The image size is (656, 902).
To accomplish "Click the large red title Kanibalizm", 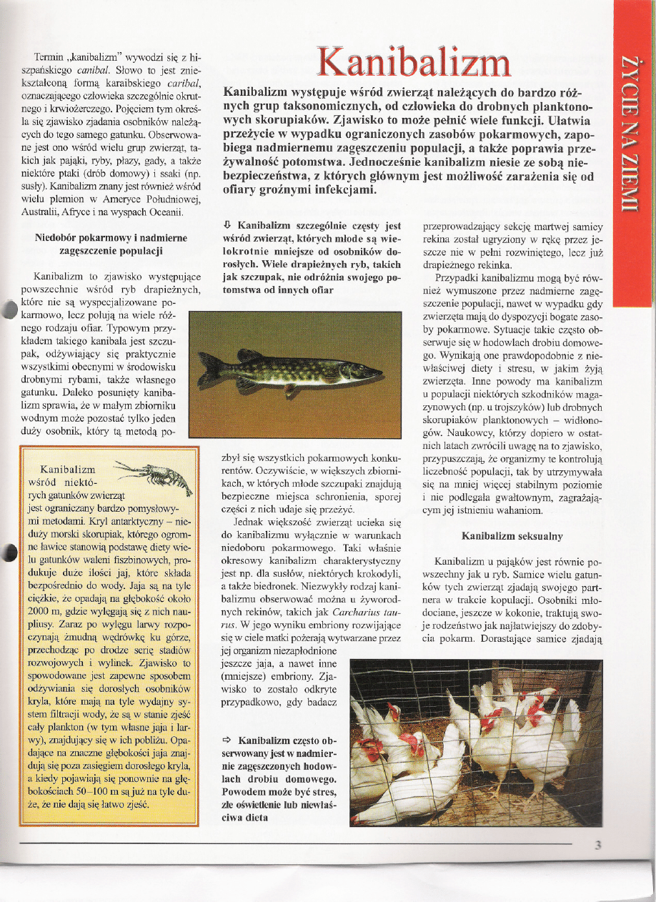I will [414, 63].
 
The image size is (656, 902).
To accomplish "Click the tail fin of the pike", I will [209, 372].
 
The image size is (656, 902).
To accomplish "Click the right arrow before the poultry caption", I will [227, 740].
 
